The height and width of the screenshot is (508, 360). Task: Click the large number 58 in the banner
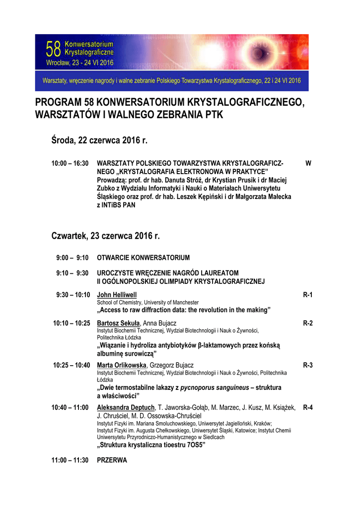[53, 50]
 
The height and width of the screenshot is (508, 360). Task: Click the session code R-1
[307, 295]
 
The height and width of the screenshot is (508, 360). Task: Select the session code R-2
[307, 323]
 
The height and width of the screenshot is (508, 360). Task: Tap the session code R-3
[307, 365]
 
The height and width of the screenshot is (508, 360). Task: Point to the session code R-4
[307, 407]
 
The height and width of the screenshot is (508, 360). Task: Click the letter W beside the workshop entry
[308, 163]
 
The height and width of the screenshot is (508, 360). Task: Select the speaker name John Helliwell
[117, 295]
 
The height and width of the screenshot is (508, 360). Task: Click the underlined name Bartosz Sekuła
[118, 323]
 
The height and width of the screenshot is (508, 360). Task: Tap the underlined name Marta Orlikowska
[122, 365]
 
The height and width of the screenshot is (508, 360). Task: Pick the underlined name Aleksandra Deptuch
[126, 407]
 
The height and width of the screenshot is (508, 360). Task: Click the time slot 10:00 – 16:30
[70, 163]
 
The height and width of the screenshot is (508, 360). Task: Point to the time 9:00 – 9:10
[72, 257]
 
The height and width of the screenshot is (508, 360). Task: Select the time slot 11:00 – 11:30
[70, 460]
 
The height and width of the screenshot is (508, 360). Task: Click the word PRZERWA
[112, 460]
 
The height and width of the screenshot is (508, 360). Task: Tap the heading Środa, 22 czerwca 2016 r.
[100, 141]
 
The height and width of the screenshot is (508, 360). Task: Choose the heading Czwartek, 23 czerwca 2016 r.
[106, 236]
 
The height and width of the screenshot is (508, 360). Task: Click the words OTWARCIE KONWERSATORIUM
[143, 257]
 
